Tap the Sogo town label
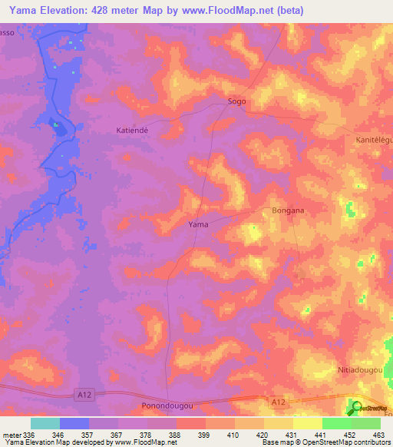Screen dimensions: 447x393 tap(236, 101)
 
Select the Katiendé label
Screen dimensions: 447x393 tap(137, 130)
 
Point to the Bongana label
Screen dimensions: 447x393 tap(288, 210)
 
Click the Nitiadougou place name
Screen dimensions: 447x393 tap(360, 370)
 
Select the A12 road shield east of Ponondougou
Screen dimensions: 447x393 tap(279, 400)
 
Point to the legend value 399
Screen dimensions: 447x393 tap(182, 434)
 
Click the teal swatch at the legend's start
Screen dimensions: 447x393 tap(45, 423)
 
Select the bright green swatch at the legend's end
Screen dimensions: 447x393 tap(366, 423)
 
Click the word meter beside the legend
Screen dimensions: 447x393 tap(12, 434)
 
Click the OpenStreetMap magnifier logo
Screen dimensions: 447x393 tap(356, 408)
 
